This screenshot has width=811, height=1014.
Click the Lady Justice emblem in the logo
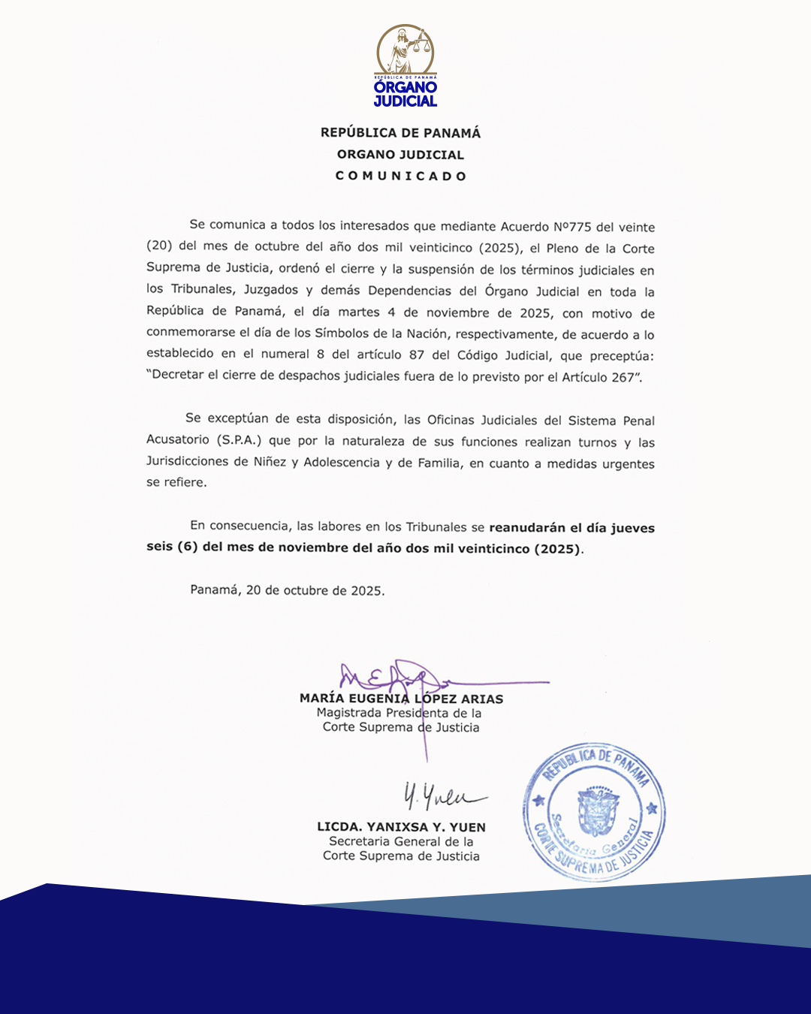pyautogui.click(x=405, y=50)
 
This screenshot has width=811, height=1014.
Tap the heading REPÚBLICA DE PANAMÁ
pyautogui.click(x=400, y=133)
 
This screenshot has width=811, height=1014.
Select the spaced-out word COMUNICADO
pyautogui.click(x=401, y=176)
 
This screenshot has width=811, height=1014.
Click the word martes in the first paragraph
pyautogui.click(x=358, y=312)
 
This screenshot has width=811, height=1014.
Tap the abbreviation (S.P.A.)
pyautogui.click(x=238, y=440)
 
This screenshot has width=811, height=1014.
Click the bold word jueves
pyautogui.click(x=632, y=528)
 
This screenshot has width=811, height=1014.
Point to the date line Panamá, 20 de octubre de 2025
pyautogui.click(x=287, y=590)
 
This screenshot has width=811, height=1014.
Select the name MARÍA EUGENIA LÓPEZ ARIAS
pyautogui.click(x=401, y=699)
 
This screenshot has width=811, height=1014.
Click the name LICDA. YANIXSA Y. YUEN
pyautogui.click(x=401, y=827)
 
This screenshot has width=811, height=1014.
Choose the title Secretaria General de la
pyautogui.click(x=401, y=841)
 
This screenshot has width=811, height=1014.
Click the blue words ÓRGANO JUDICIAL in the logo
pyautogui.click(x=405, y=94)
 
